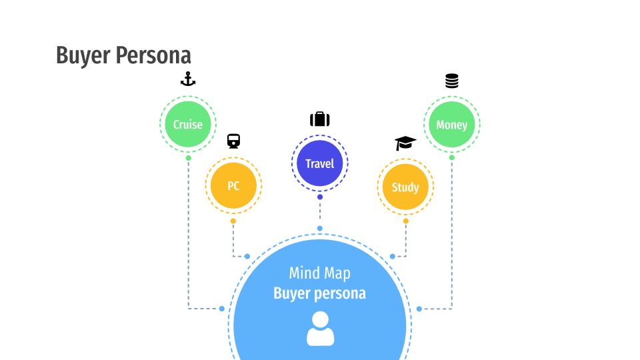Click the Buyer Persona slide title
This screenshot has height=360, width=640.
[123, 55]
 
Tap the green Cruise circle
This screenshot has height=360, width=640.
[188, 124]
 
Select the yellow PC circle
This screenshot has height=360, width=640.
[233, 186]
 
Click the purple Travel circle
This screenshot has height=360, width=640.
[319, 163]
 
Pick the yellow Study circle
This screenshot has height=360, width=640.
[405, 187]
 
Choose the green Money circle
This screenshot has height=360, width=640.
[451, 124]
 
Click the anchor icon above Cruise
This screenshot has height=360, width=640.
[188, 80]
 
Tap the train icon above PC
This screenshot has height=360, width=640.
[233, 141]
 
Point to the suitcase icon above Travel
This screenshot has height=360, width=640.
[319, 119]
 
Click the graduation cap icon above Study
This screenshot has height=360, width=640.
[405, 143]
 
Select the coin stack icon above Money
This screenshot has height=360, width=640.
[451, 81]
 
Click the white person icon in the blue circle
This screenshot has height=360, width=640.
[320, 329]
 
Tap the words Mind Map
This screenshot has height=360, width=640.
[319, 273]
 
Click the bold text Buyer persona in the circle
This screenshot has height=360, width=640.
[319, 293]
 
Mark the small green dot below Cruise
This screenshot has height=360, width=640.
[188, 158]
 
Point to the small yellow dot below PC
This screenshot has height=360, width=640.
[233, 221]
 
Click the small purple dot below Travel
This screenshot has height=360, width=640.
[320, 197]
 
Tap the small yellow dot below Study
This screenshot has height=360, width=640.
[405, 221]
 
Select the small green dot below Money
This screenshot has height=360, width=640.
[451, 158]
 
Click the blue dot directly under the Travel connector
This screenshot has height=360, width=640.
[319, 229]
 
